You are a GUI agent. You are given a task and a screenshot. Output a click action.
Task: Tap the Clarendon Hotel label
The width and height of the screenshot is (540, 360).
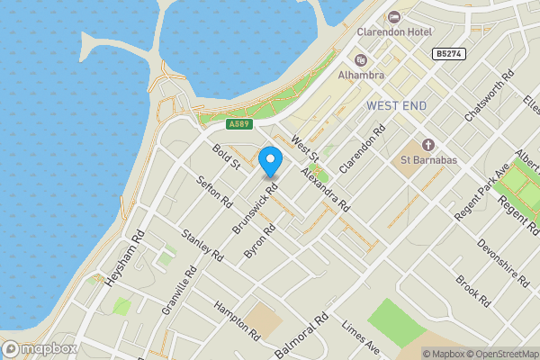(394, 32)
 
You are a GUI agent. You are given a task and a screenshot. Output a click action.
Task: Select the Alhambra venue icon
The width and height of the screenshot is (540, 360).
(361, 60)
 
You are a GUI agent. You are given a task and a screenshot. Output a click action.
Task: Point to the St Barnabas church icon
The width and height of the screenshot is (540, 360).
(428, 145)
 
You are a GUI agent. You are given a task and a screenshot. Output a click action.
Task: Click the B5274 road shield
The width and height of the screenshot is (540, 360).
(449, 54)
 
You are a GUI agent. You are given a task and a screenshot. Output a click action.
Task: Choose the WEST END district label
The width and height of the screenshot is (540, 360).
(397, 105)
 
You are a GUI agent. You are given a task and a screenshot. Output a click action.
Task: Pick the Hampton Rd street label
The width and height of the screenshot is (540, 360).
(237, 320)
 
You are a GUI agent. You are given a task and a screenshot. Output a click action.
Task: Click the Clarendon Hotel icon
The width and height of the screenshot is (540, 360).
(394, 17)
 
